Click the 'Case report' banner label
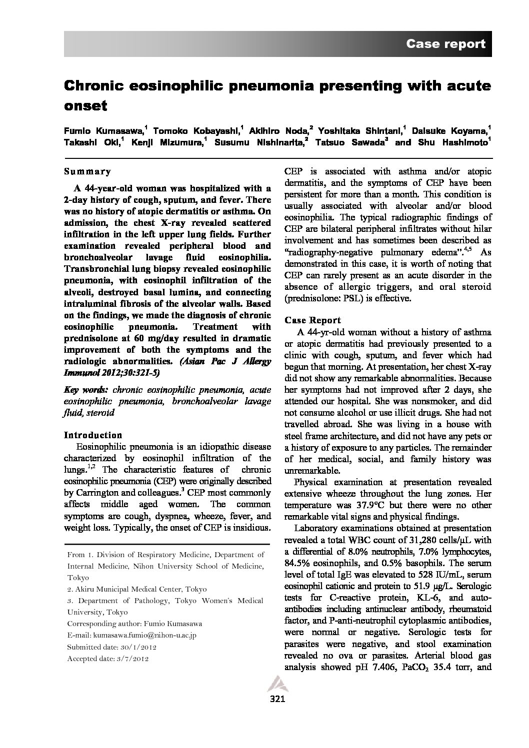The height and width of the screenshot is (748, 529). pyautogui.click(x=445, y=44)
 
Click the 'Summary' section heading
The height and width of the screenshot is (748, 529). pyautogui.click(x=87, y=171)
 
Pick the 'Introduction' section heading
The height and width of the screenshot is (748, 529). pyautogui.click(x=93, y=435)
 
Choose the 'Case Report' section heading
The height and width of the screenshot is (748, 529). pyautogui.click(x=312, y=320)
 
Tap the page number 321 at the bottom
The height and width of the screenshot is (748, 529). pyautogui.click(x=277, y=699)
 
